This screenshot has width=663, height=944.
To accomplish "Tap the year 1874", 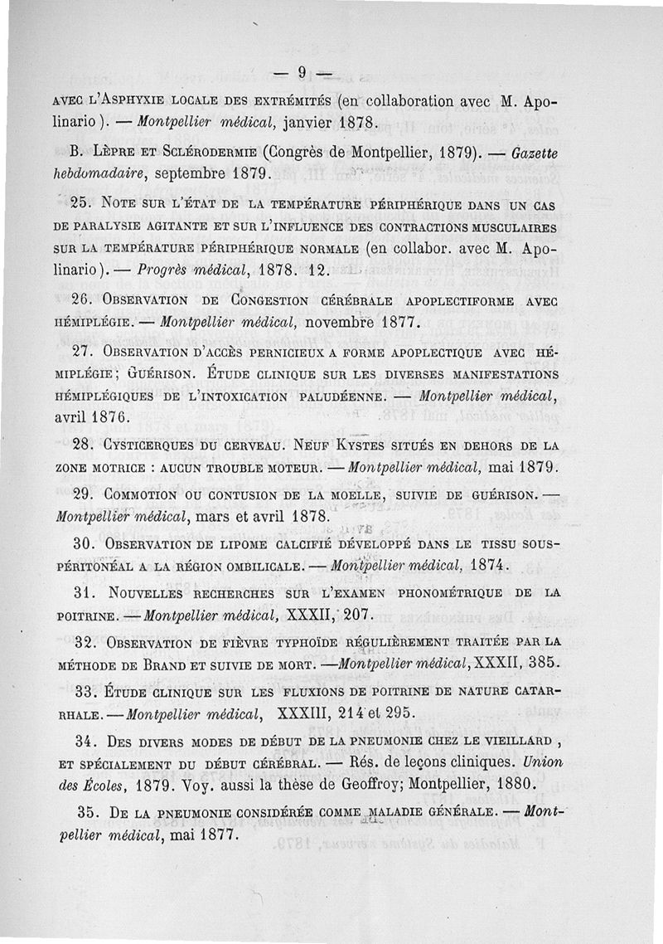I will [x=496, y=567].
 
